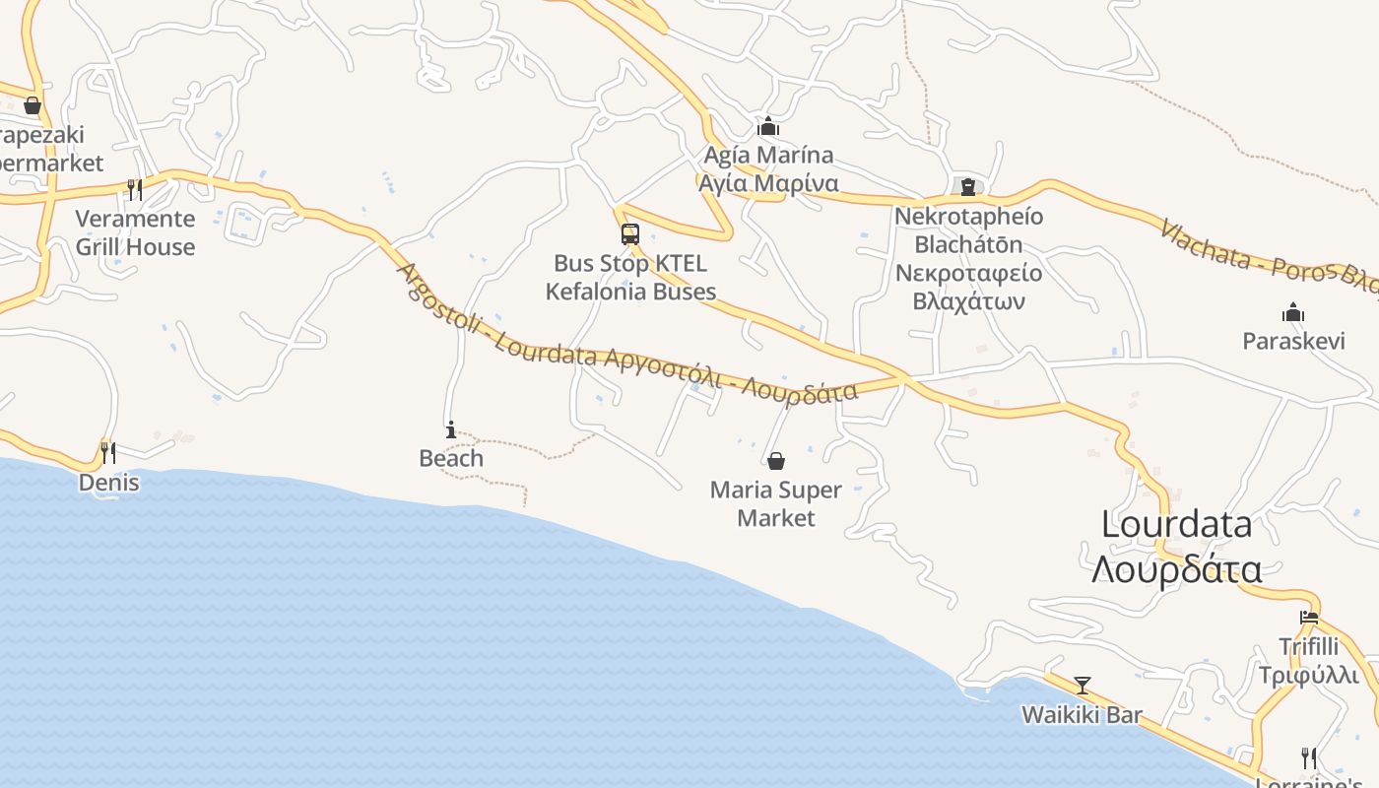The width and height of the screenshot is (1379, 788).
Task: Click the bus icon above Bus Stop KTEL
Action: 630,234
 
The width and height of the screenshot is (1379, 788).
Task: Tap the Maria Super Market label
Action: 776,503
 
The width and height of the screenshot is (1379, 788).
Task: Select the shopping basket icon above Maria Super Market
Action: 776,461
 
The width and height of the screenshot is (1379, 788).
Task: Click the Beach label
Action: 451,458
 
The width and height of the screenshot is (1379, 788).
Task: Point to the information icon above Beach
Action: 451,429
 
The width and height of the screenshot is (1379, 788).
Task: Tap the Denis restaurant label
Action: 108,483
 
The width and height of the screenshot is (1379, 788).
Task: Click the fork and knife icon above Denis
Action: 108,452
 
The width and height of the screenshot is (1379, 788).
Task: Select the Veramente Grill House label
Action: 136,232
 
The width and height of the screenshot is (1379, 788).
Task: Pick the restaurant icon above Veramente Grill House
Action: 135,188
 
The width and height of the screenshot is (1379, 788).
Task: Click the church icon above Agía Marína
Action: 768,126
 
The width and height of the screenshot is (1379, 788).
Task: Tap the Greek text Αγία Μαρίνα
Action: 768,183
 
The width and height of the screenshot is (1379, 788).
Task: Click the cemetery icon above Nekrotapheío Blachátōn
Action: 967,186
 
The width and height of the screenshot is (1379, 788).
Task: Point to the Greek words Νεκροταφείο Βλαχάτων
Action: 969,287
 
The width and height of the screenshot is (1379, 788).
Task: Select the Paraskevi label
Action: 1293,341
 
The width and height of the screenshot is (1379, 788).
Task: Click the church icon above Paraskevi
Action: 1293,313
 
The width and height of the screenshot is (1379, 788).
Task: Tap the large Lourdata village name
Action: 1177,524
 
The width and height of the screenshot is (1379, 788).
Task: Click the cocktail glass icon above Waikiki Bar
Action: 1083,685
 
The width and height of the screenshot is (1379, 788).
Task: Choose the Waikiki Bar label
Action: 1083,715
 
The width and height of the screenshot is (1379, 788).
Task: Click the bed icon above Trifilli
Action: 1309,618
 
